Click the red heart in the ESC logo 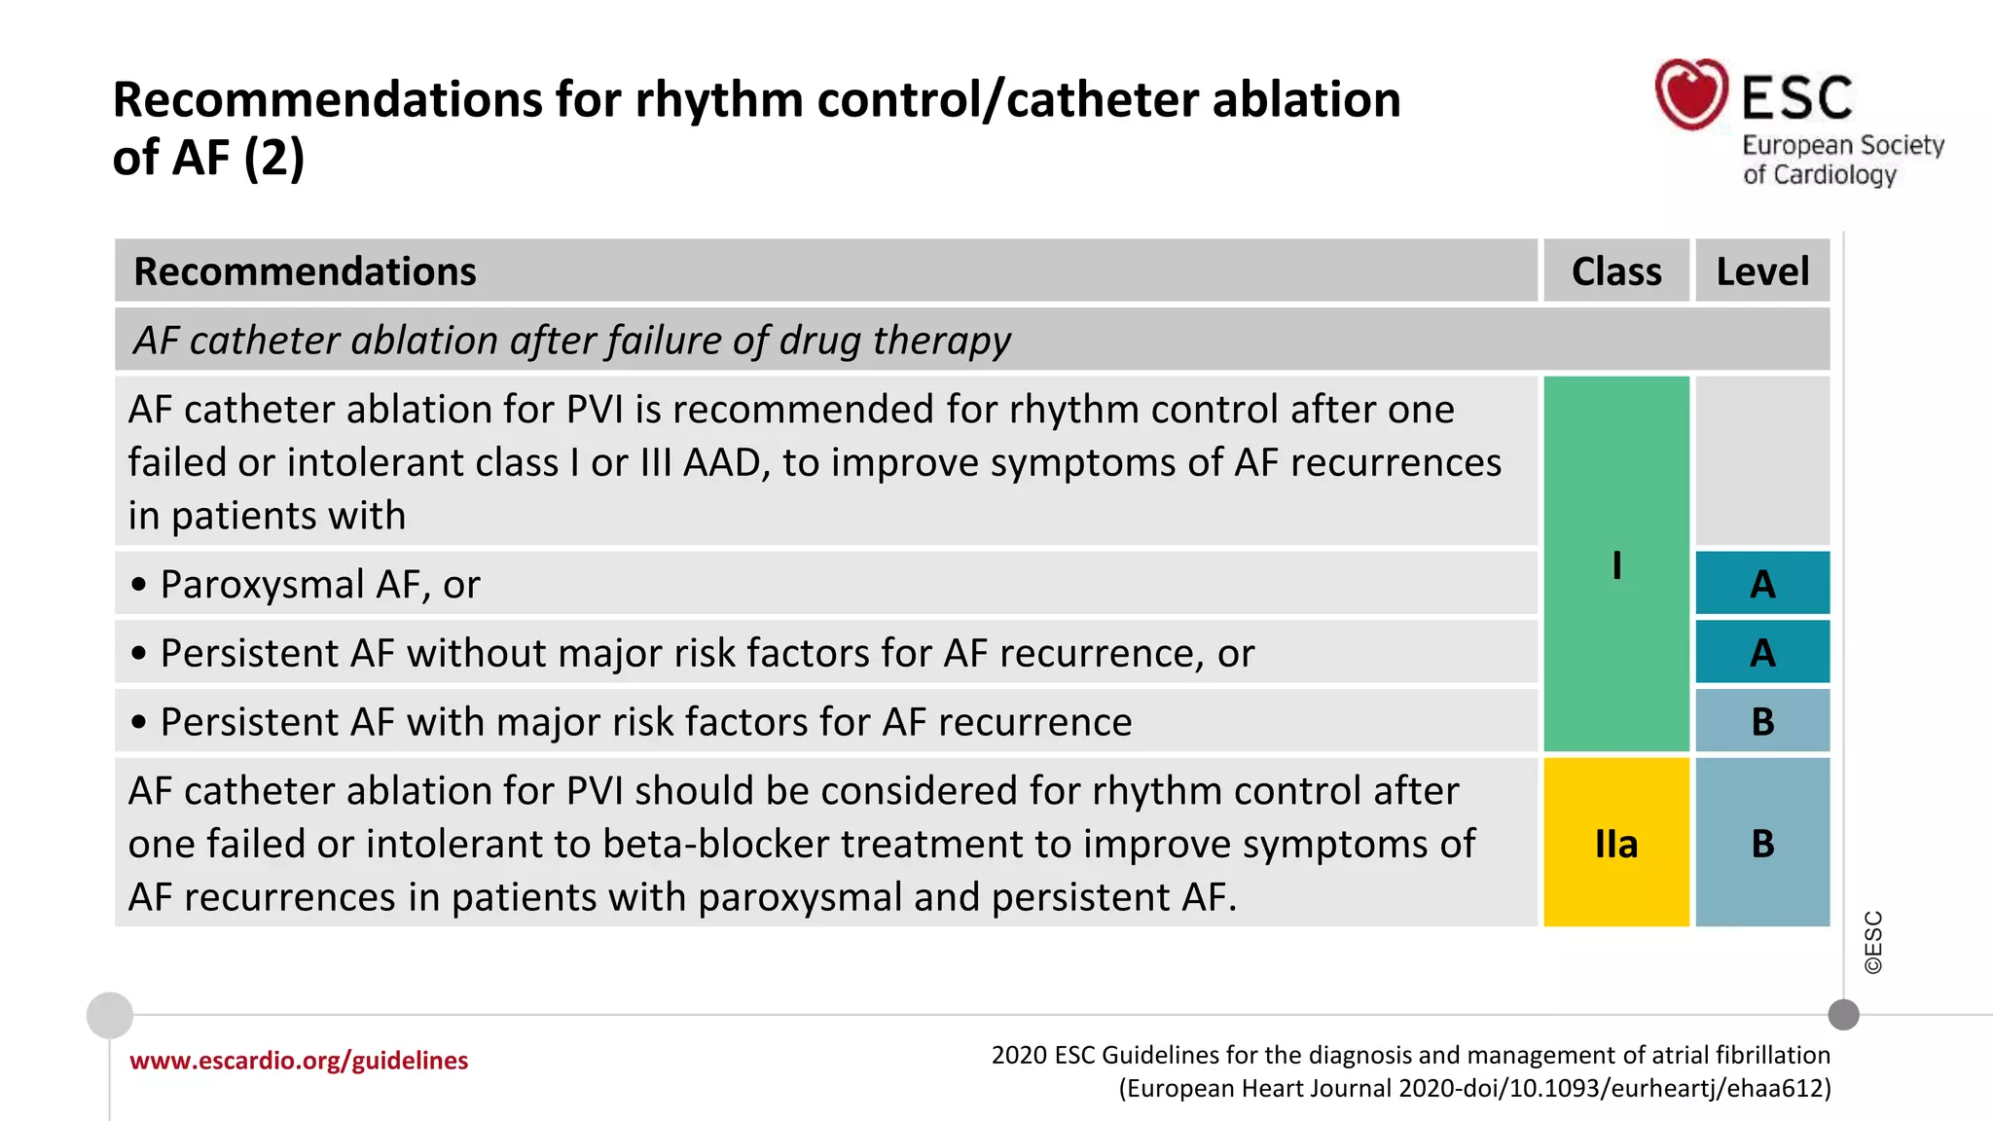click(1690, 95)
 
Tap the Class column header click(1615, 271)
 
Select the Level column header click(1761, 271)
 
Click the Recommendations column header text click(305, 271)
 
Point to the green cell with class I click(1615, 564)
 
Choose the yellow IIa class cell click(1615, 843)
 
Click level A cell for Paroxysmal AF click(1762, 584)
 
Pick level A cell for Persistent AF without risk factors click(1762, 652)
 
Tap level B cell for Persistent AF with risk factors click(1762, 721)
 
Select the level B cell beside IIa click(1762, 843)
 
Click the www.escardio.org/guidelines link click(299, 1061)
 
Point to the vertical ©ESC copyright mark click(1873, 942)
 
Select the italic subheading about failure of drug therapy click(572, 341)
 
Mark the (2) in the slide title click(273, 158)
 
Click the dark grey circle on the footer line click(1843, 1015)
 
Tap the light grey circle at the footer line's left click(110, 1015)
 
